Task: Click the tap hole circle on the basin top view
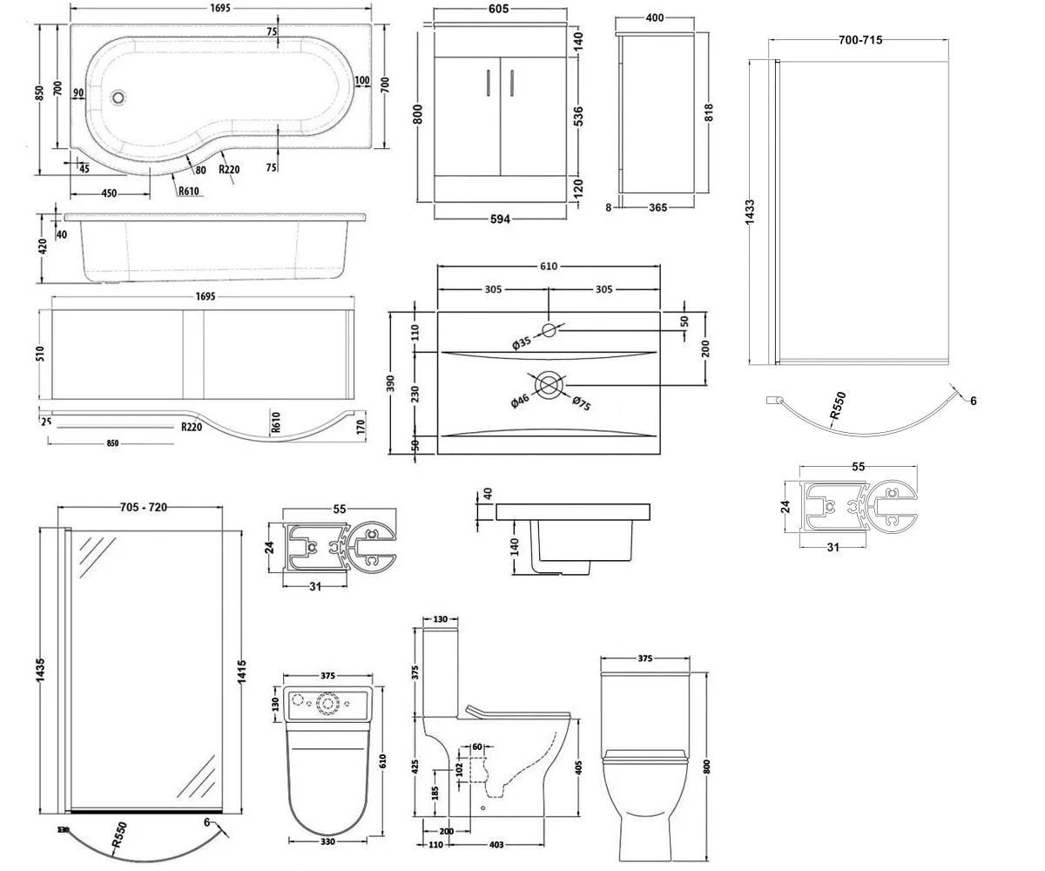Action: [x=549, y=329]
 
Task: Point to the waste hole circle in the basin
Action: [x=549, y=384]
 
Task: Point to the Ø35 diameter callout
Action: [x=522, y=344]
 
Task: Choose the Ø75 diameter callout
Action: [x=582, y=407]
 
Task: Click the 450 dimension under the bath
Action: [x=110, y=193]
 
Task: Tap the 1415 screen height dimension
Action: [x=242, y=672]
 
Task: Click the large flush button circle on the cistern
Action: [x=329, y=702]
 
